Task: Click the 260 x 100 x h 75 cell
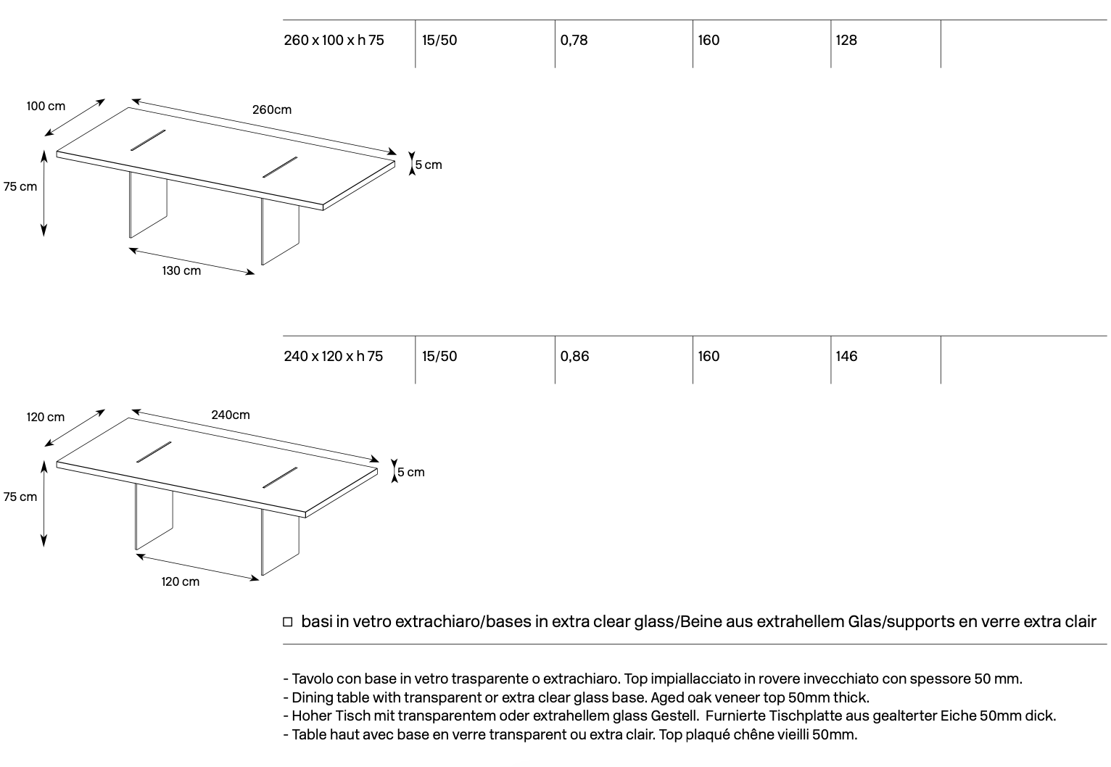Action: [x=334, y=40]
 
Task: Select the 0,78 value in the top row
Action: [x=574, y=40]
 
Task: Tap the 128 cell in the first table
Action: [x=846, y=40]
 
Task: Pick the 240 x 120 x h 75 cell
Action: [x=334, y=356]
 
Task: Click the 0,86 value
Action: [x=574, y=356]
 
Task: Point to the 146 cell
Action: [x=846, y=356]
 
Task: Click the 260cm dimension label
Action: [x=272, y=109]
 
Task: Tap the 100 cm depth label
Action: [x=46, y=106]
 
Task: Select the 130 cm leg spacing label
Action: [x=181, y=270]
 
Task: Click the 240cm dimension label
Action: [x=231, y=415]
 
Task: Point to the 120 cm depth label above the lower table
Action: [x=46, y=417]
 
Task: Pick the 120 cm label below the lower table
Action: [x=181, y=581]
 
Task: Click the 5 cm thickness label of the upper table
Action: [x=429, y=165]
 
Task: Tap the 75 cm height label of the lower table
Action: [x=20, y=497]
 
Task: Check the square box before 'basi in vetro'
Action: [x=288, y=622]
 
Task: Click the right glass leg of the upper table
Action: [x=280, y=231]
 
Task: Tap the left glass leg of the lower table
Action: [x=154, y=517]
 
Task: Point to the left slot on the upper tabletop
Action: [x=148, y=141]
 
